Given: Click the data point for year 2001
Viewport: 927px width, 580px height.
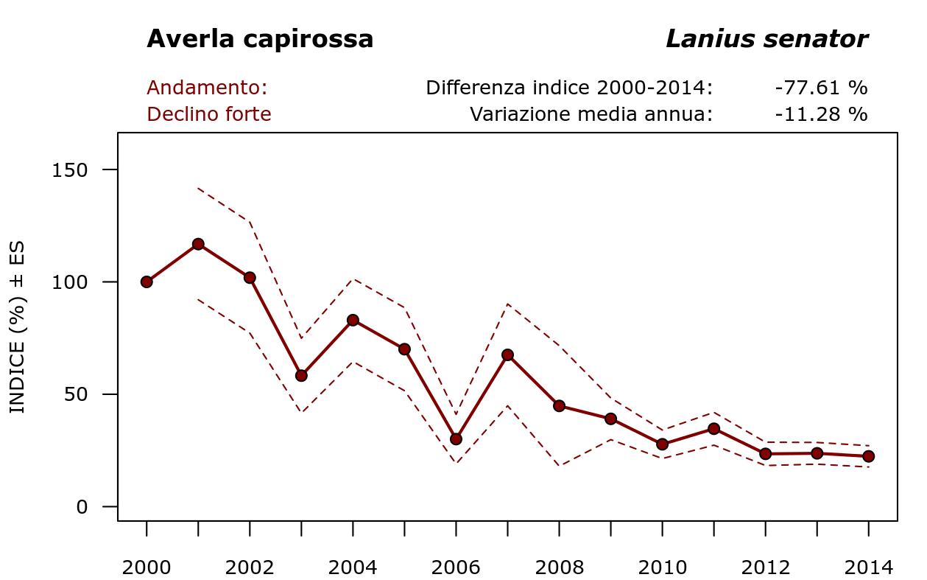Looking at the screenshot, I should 198,244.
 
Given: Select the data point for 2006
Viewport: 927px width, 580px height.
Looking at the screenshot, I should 456,439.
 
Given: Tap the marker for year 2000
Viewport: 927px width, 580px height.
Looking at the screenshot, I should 147,282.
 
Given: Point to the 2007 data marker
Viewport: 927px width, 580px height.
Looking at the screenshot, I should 507,354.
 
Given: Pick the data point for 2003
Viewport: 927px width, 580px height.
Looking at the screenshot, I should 301,375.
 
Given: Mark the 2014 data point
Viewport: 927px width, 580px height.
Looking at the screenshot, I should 868,456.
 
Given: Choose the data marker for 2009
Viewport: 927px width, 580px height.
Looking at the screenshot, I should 610,419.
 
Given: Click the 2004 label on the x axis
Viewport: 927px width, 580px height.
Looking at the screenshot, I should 353,567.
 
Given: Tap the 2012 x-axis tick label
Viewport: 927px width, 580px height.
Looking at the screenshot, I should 765,567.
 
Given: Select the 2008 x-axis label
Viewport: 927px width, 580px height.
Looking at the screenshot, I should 559,567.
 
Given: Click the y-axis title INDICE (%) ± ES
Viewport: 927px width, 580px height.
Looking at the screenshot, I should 18,327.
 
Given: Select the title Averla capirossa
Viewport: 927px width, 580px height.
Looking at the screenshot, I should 260,39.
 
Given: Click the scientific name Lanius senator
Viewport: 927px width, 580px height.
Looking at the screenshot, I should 766,39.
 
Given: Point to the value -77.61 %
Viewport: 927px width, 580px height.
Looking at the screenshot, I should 821,88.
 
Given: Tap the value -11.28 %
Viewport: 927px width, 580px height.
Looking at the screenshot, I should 821,114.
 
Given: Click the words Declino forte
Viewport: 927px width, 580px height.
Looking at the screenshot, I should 209,114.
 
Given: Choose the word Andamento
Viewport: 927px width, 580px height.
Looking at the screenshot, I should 207,88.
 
